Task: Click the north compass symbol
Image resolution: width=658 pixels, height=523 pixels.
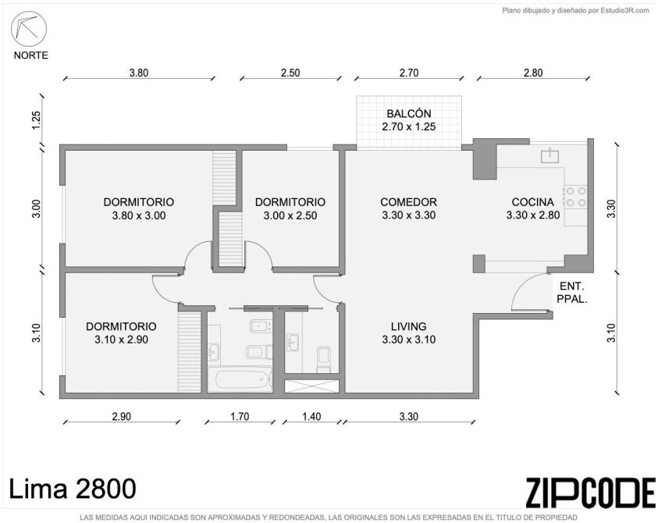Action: click(x=29, y=29)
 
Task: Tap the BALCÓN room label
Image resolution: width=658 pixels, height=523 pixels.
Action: click(x=409, y=114)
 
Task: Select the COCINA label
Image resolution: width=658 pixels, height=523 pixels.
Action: click(x=532, y=202)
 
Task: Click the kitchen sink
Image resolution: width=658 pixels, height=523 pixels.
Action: click(x=550, y=155)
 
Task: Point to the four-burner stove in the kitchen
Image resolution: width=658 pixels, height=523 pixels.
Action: click(x=576, y=197)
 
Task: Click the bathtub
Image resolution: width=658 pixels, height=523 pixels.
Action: click(x=240, y=380)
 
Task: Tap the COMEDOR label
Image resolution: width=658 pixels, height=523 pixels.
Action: click(x=408, y=202)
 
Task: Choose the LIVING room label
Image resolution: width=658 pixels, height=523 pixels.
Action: click(x=409, y=326)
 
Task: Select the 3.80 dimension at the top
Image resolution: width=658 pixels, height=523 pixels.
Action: click(x=138, y=73)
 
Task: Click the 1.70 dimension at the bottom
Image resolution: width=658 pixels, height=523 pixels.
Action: click(x=240, y=416)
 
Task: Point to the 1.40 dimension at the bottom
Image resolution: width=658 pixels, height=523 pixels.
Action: click(x=311, y=416)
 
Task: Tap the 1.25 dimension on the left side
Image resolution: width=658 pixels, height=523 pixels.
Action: click(x=37, y=120)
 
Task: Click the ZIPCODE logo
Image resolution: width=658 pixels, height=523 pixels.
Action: click(x=590, y=492)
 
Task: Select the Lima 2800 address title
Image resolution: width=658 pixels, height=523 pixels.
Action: click(x=72, y=489)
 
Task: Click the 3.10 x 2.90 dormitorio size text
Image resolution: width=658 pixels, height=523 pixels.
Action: click(x=121, y=340)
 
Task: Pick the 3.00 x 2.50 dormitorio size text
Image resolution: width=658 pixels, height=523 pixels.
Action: click(x=290, y=215)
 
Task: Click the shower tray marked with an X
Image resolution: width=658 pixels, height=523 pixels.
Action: click(x=311, y=386)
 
